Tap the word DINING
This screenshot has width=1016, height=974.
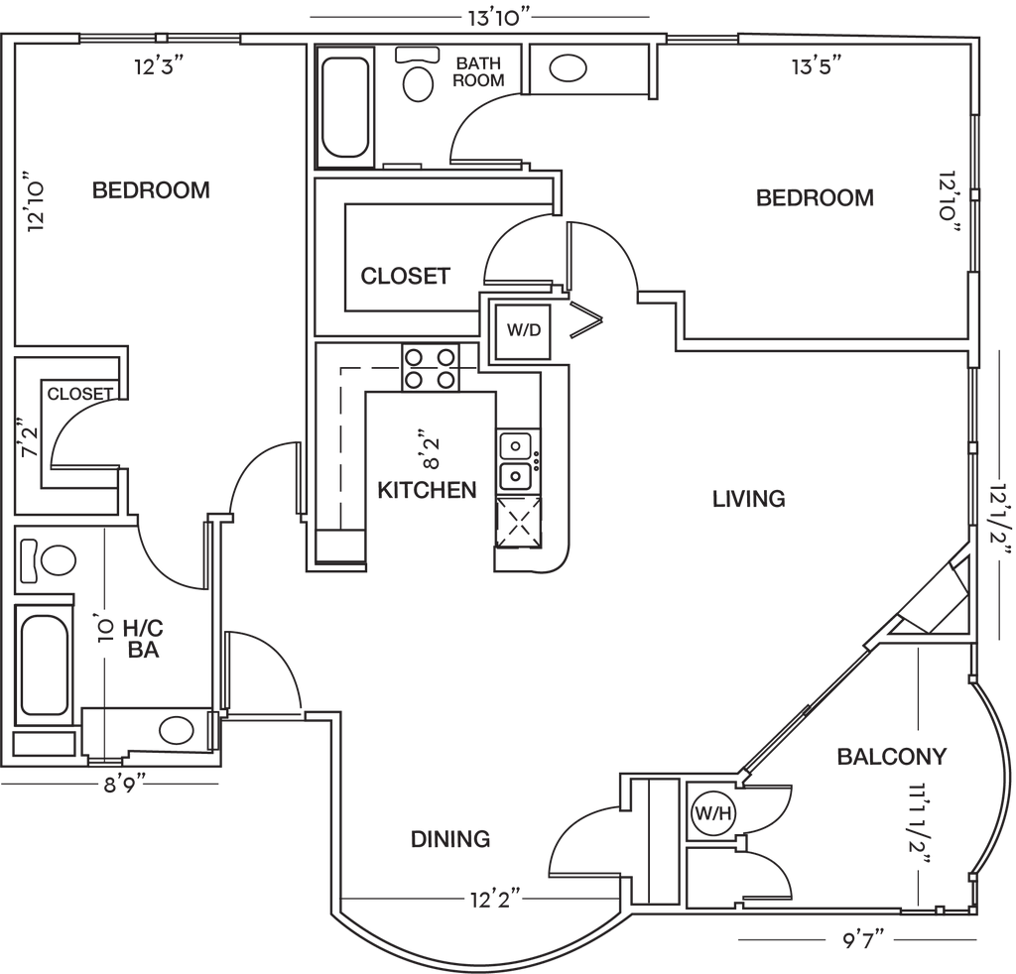point(451,839)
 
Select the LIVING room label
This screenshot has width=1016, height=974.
point(749,498)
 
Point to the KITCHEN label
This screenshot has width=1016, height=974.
point(427,489)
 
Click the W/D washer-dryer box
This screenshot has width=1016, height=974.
point(523,330)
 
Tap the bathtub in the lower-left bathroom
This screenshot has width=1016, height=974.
point(45,660)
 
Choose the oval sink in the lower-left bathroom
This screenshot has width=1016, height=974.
point(178,732)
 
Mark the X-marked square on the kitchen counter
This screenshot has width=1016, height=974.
point(518,519)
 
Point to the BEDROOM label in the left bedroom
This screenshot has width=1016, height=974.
point(151,189)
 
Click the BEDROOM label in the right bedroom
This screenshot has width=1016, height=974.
point(816,197)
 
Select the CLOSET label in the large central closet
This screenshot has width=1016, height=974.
point(405,275)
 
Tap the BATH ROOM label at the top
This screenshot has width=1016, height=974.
point(478,73)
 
